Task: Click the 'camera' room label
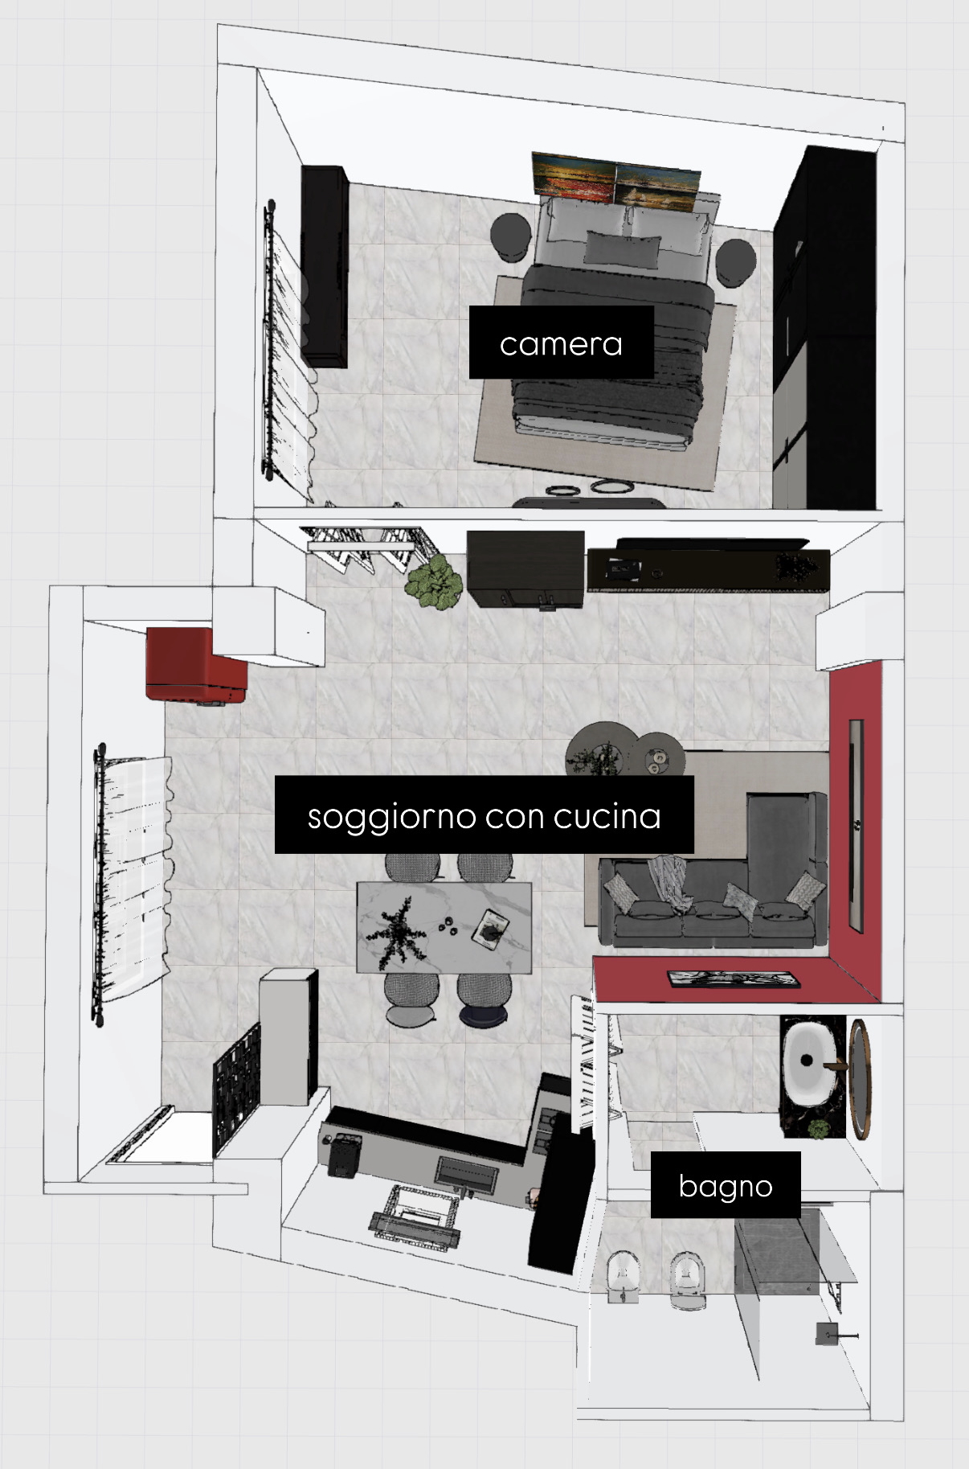point(561,344)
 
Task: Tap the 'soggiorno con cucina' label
point(484,815)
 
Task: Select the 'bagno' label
point(725,1185)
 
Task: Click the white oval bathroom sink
point(812,1061)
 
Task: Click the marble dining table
point(444,927)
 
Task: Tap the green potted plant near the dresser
point(433,581)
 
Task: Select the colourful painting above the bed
point(615,182)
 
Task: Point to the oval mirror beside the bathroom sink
point(861,1079)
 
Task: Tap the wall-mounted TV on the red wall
point(857,826)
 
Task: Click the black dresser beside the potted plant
point(525,568)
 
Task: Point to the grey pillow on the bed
point(623,248)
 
